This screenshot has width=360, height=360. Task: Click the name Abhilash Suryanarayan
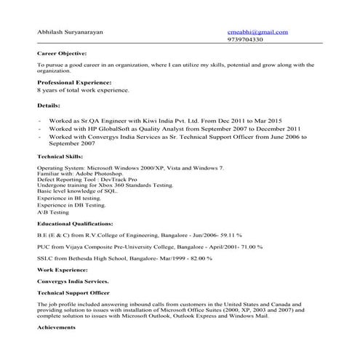point(73,32)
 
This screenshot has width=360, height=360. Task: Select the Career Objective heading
point(62,54)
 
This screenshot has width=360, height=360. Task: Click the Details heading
point(49,105)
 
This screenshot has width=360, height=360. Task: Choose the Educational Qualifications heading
point(75,223)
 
